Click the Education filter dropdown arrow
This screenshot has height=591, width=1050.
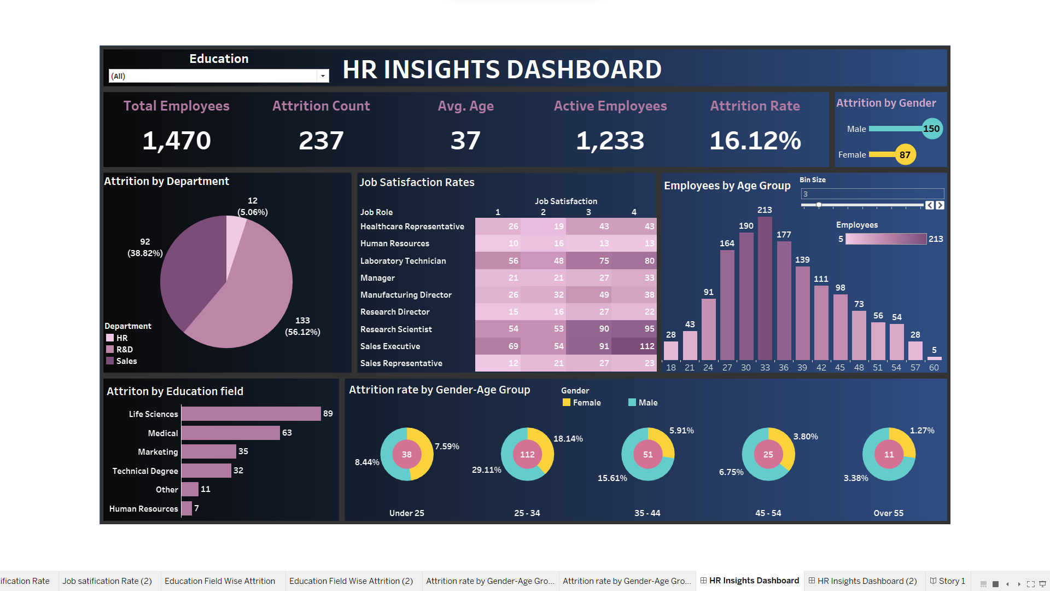click(x=323, y=76)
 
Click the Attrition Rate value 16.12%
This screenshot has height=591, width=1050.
click(x=755, y=141)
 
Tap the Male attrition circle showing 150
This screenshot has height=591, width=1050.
click(x=931, y=129)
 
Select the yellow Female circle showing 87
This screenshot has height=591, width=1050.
click(x=905, y=155)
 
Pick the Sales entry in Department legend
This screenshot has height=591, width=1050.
click(x=126, y=361)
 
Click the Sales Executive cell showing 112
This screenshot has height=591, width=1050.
click(x=634, y=346)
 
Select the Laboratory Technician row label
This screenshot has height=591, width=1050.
click(x=403, y=261)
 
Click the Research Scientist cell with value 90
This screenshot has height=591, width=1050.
click(x=589, y=329)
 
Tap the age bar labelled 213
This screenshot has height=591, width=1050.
click(x=765, y=287)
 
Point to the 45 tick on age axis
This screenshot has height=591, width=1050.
click(x=839, y=368)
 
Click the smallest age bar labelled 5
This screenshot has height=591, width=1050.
click(x=934, y=358)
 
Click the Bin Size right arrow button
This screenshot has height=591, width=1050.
click(x=940, y=205)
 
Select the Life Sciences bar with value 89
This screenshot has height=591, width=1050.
click(x=251, y=414)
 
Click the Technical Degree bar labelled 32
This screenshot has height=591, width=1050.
click(x=206, y=471)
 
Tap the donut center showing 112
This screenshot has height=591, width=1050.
click(x=527, y=455)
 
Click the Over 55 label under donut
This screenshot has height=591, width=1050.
click(x=888, y=513)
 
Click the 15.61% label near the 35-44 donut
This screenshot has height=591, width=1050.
click(x=612, y=478)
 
